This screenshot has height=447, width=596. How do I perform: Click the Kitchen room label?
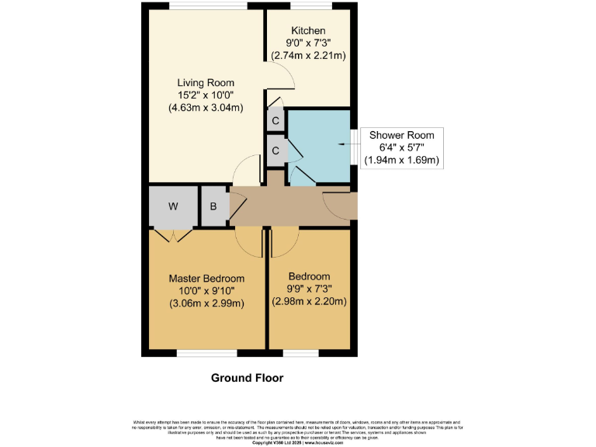point(308,31)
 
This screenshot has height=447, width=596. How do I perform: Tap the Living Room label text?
point(206,83)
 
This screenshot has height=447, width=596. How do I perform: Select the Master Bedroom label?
point(207,279)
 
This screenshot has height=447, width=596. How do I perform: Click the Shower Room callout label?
point(402,135)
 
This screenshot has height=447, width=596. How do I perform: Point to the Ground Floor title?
point(248,378)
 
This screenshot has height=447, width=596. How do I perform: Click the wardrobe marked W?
point(173,206)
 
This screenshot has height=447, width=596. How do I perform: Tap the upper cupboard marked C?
point(275,120)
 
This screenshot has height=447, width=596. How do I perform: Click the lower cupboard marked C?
point(275,151)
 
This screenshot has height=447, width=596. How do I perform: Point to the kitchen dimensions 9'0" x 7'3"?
point(308,43)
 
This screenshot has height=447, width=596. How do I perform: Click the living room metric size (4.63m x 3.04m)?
point(206,108)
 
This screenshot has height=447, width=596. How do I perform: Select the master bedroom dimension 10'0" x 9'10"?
point(207,291)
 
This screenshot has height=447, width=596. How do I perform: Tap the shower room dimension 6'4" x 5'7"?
point(402,148)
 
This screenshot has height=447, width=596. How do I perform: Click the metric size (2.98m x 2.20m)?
point(309,302)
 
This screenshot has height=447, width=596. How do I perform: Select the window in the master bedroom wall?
point(207,354)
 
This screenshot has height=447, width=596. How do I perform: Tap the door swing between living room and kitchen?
point(286,79)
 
